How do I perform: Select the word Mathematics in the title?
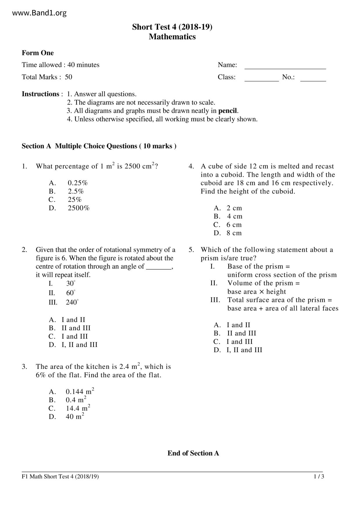[172, 37]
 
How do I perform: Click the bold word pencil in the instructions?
[228, 111]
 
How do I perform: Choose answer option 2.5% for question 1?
[76, 192]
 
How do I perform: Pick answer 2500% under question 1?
[79, 208]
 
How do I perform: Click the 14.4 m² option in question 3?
[78, 408]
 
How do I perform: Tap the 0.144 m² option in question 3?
[80, 392]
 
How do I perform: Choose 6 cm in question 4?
[234, 225]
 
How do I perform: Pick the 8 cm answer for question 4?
[234, 233]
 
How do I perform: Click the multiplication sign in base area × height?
[262, 292]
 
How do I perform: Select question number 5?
[191, 250]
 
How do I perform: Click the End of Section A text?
[193, 453]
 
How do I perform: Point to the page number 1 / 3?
[319, 476]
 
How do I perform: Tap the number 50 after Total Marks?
[69, 77]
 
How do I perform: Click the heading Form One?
[38, 53]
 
